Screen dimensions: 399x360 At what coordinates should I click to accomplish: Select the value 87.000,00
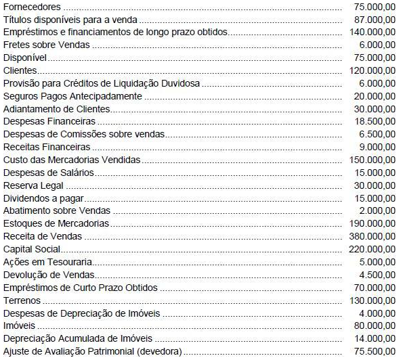coord(375,19)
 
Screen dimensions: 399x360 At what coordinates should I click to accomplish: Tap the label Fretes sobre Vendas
coord(46,45)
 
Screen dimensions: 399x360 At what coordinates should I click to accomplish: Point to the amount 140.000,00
coord(372,32)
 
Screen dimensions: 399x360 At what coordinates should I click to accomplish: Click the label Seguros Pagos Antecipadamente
coord(72,96)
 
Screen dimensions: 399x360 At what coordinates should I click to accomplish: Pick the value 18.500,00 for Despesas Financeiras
coord(375,121)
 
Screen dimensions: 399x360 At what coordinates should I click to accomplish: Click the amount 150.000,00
coord(372,160)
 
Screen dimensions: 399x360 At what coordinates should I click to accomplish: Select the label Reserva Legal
coord(33,185)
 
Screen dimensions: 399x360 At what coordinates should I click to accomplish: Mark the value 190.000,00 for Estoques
coord(372,223)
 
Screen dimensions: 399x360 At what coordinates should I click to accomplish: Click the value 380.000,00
coord(372,236)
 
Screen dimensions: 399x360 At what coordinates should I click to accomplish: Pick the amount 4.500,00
coord(377,274)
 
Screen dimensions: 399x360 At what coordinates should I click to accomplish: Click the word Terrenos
coord(22,300)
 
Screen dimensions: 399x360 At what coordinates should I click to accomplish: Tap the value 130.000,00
coord(372,300)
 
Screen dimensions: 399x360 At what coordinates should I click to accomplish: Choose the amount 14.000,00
coord(375,338)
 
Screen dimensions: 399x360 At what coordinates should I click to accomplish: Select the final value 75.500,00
coord(375,351)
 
